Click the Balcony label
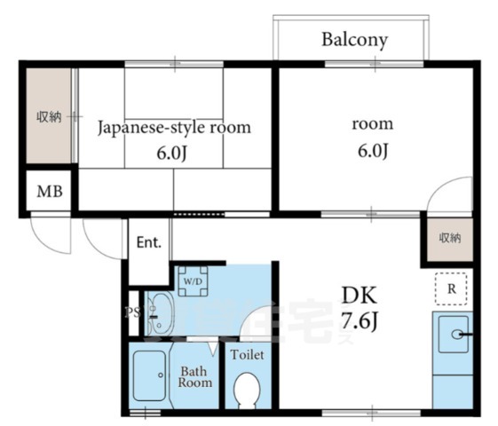point(355,40)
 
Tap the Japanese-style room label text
point(173,127)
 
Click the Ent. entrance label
point(148,242)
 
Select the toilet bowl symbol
point(247,388)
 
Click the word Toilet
point(247,354)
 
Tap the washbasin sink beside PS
point(160,311)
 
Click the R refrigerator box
point(452,288)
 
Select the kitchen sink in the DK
point(454,335)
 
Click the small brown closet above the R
point(450,238)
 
